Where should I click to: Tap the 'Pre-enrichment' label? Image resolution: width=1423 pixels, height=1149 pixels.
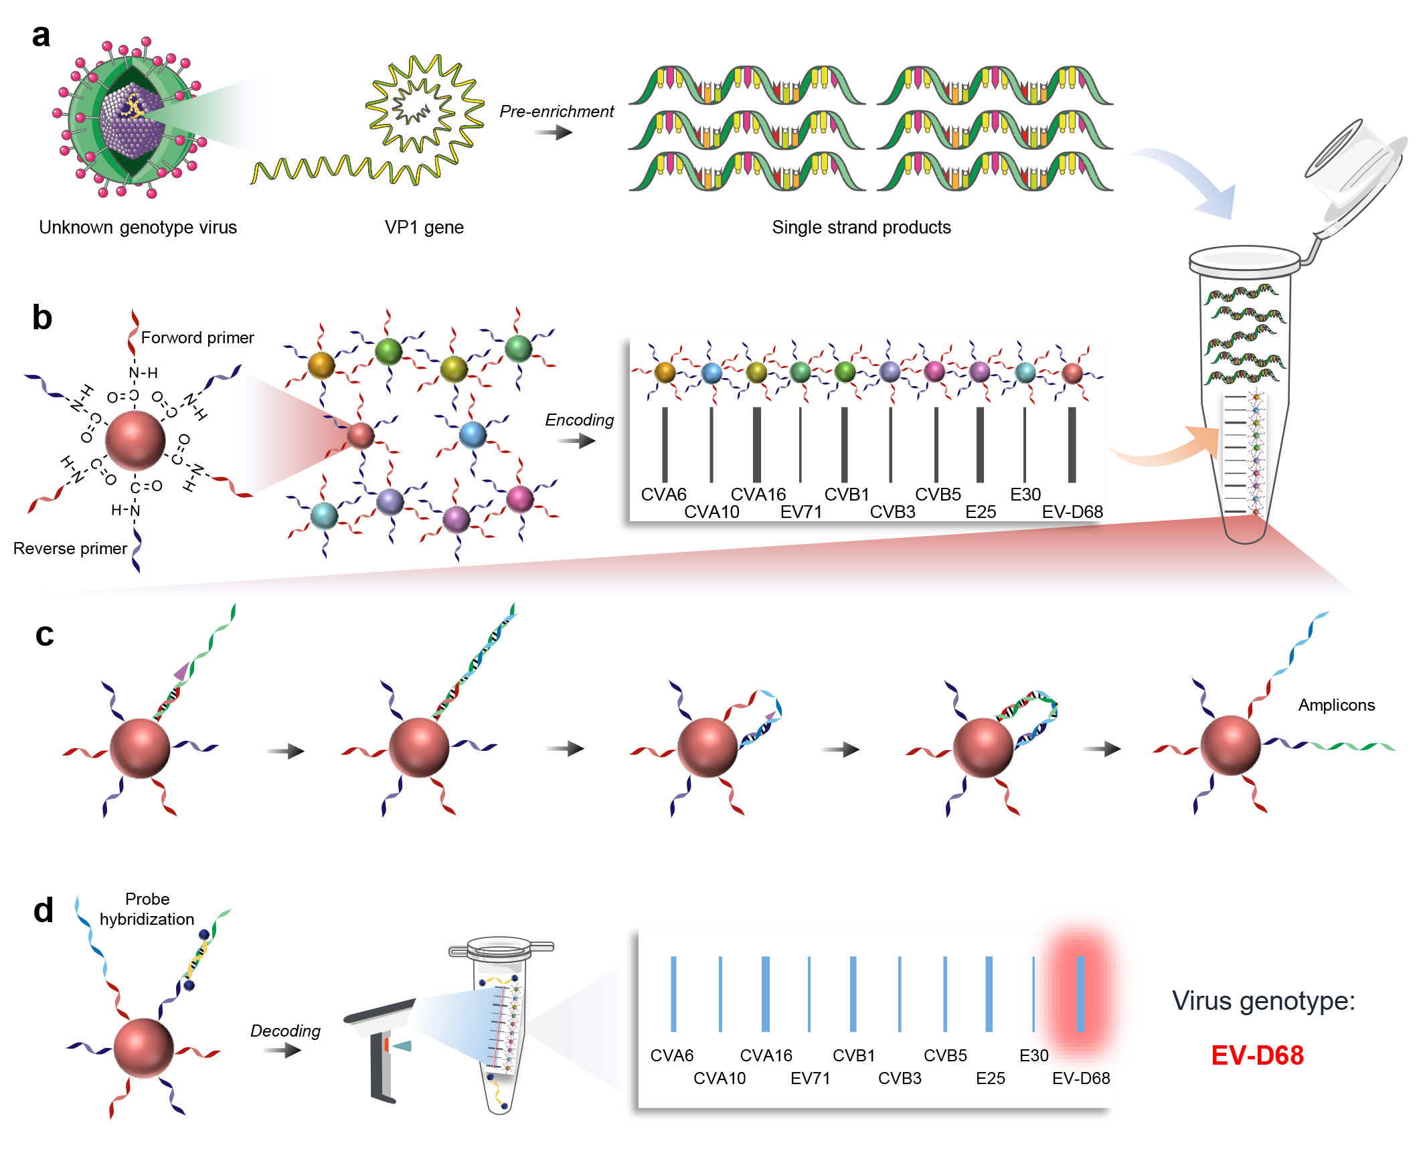pyautogui.click(x=556, y=112)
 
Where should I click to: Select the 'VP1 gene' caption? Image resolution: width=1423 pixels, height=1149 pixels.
pyautogui.click(x=424, y=228)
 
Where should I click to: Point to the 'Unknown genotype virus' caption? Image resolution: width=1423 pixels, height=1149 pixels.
pyautogui.click(x=138, y=228)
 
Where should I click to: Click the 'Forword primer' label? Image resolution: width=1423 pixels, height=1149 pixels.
pyautogui.click(x=197, y=338)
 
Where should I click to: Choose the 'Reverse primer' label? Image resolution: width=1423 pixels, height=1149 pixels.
pyautogui.click(x=70, y=549)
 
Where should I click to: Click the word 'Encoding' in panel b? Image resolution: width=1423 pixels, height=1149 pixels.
pyautogui.click(x=579, y=420)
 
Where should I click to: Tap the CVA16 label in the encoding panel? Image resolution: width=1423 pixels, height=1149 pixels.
pyautogui.click(x=758, y=495)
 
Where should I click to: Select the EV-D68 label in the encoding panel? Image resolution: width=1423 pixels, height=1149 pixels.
pyautogui.click(x=1072, y=512)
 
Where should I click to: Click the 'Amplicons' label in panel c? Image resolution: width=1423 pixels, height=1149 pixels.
pyautogui.click(x=1336, y=705)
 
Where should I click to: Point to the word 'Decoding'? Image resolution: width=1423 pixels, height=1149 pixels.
pyautogui.click(x=285, y=1031)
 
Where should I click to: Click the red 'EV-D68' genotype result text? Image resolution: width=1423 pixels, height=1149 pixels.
pyautogui.click(x=1257, y=1056)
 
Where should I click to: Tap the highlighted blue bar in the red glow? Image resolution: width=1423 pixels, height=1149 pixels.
pyautogui.click(x=1080, y=994)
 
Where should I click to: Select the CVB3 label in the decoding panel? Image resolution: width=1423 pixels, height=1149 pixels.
pyautogui.click(x=900, y=1079)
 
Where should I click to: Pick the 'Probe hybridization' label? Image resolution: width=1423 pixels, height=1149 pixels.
pyautogui.click(x=147, y=909)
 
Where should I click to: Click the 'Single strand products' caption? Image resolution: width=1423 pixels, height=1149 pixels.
pyautogui.click(x=861, y=228)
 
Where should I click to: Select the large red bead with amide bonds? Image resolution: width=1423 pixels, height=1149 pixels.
pyautogui.click(x=135, y=440)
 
